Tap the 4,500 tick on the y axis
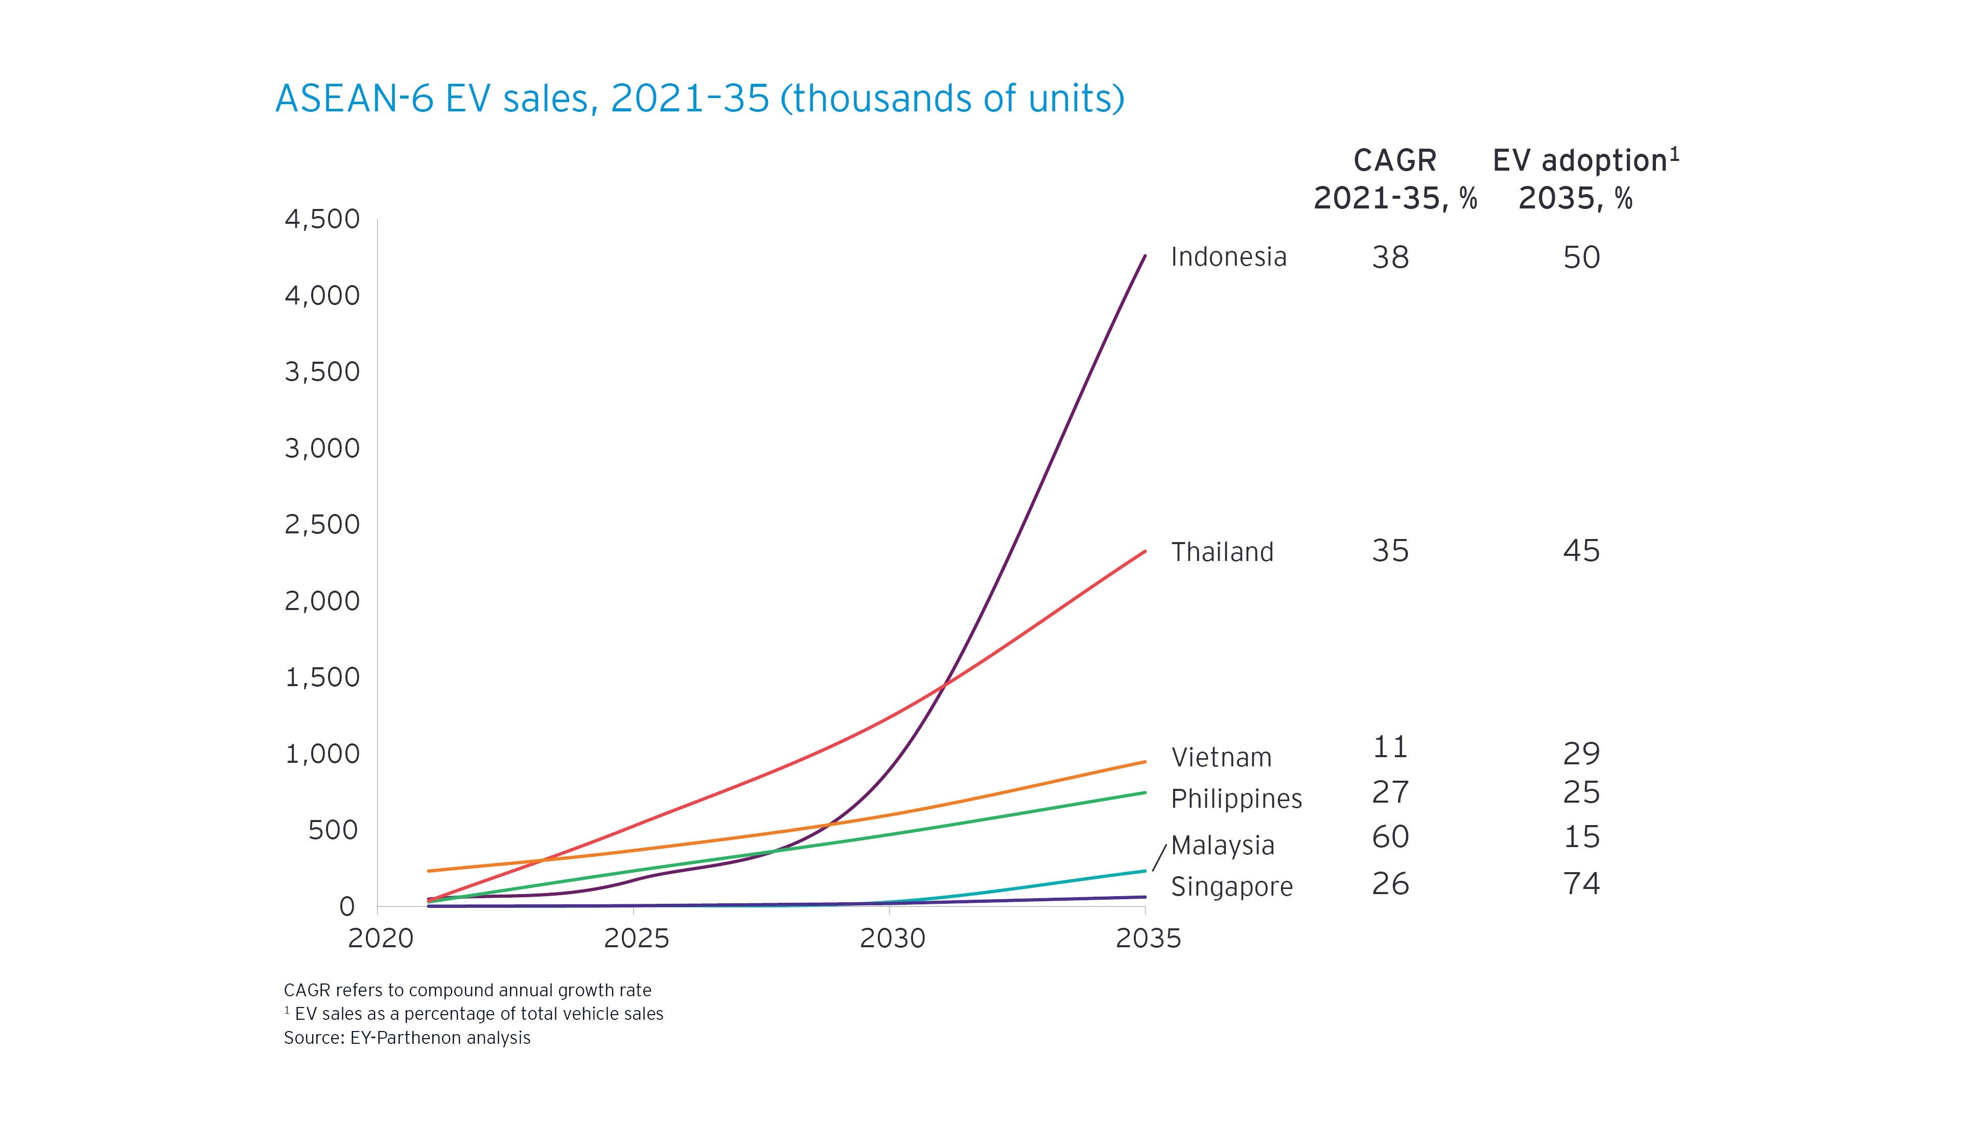tap(322, 219)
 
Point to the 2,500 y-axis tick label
tap(322, 525)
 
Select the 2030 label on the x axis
tap(892, 938)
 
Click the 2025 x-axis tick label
tap(636, 938)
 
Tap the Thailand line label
tap(1222, 552)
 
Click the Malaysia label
tap(1223, 846)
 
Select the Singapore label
tap(1231, 886)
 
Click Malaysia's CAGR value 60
tap(1390, 837)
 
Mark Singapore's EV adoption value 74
tap(1581, 883)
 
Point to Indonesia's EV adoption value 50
tap(1581, 257)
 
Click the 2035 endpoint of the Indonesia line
tap(1144, 255)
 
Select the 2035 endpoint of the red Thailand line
tap(1144, 551)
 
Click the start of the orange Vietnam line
tap(429, 871)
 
